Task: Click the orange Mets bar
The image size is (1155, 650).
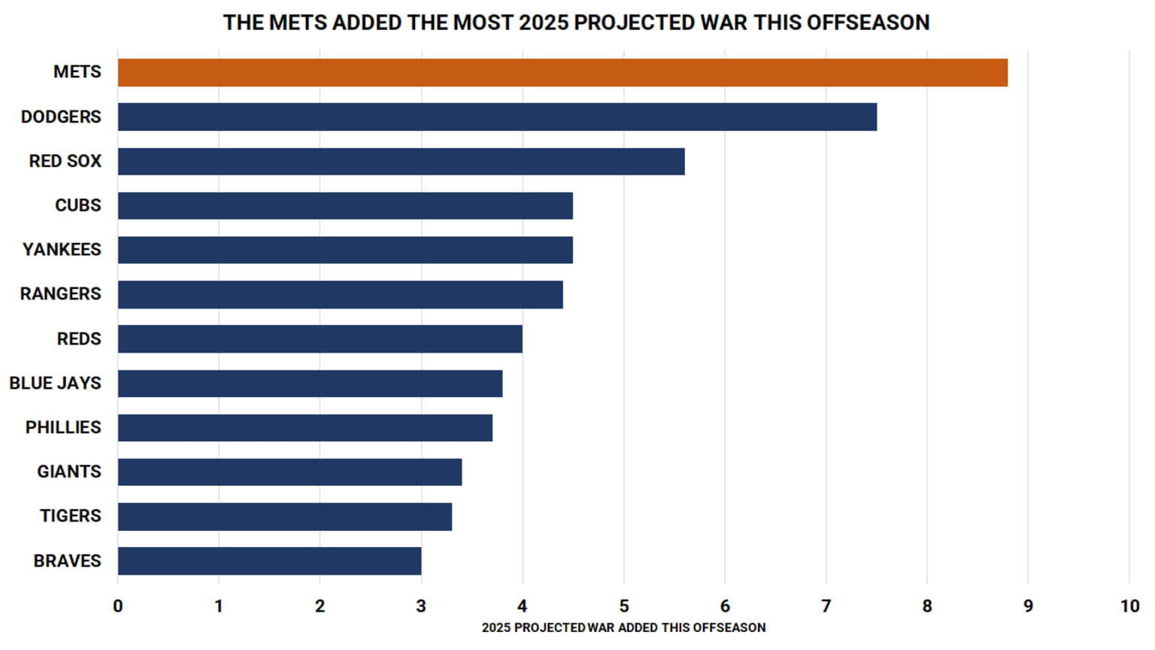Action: click(x=562, y=73)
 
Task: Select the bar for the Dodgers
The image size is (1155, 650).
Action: click(x=497, y=117)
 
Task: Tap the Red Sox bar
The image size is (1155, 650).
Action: click(x=401, y=162)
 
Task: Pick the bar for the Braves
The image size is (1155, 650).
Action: click(x=269, y=561)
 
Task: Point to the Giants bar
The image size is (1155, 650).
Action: click(x=290, y=472)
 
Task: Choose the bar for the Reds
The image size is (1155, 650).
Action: click(x=320, y=339)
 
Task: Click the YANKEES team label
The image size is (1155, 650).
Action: click(x=62, y=250)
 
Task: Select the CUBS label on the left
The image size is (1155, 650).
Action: click(x=77, y=205)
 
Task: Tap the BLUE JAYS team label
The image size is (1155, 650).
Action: click(x=55, y=384)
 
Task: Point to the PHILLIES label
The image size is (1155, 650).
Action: click(x=63, y=428)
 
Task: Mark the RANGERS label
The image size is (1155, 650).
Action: click(x=60, y=294)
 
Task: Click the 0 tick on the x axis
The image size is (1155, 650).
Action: click(x=118, y=606)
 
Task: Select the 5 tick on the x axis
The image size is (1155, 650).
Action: click(x=623, y=606)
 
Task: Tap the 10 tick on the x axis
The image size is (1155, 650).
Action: click(x=1129, y=606)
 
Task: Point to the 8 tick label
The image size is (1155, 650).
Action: click(x=926, y=606)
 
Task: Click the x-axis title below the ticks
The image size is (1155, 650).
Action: click(x=623, y=628)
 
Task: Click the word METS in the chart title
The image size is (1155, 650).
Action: click(x=298, y=23)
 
